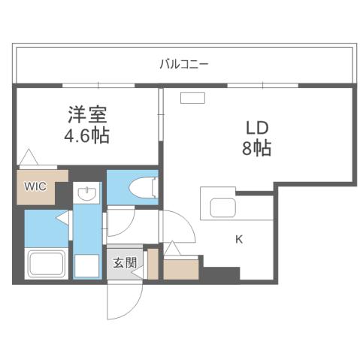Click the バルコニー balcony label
coord(184,64)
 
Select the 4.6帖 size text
coord(88,137)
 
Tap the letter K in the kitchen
coord(239,239)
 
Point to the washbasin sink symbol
coord(87,195)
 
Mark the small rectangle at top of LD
coord(192,97)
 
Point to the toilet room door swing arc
coord(120,221)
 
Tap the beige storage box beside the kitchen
coord(180,268)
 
